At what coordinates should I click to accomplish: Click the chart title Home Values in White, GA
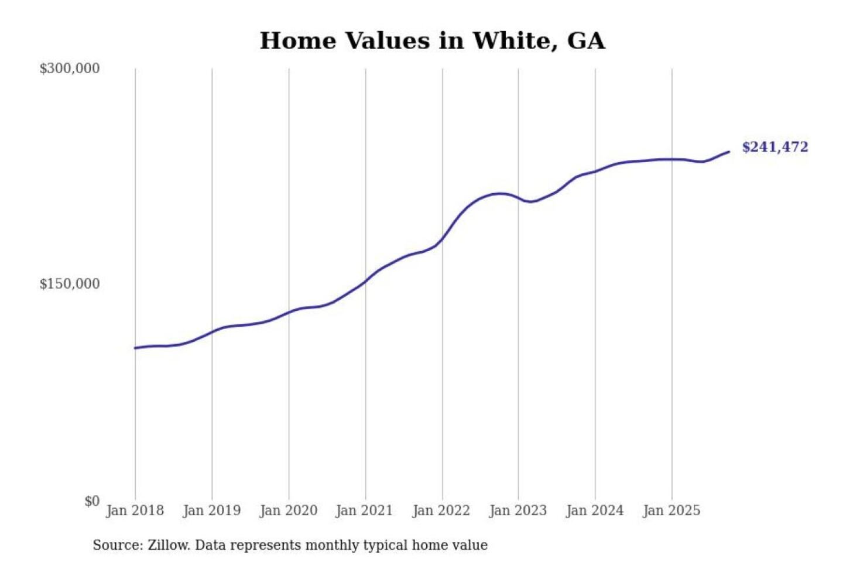(432, 41)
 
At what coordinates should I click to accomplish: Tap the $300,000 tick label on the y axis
(70, 68)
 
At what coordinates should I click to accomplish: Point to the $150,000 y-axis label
(70, 284)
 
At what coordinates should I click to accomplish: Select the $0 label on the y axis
(92, 501)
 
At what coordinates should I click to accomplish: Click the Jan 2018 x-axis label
(135, 510)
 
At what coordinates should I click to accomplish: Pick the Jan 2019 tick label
(211, 510)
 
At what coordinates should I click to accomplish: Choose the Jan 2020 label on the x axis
(288, 510)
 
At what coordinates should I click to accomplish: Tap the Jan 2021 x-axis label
(364, 510)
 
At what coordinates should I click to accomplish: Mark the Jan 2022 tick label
(441, 510)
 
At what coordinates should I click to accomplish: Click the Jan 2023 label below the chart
(518, 510)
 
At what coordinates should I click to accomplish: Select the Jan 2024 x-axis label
(594, 510)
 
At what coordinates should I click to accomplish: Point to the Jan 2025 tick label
(671, 510)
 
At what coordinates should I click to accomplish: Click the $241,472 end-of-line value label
(775, 147)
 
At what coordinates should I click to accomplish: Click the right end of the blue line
(729, 152)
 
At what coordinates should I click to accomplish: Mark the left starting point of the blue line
(135, 348)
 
